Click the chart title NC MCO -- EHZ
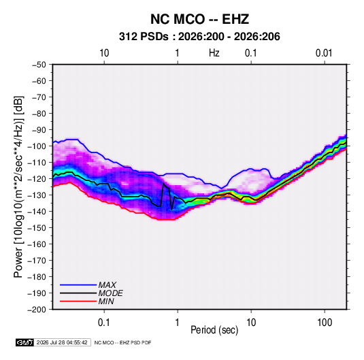point(199,19)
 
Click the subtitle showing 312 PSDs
point(199,37)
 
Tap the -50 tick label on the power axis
point(39,65)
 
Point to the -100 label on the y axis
point(37,146)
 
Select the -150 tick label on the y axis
point(37,228)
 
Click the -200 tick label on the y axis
point(37,310)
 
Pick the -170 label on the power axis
point(37,261)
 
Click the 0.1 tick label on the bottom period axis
point(104,323)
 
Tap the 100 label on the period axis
point(325,323)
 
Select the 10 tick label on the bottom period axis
point(251,323)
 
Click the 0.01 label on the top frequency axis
point(324,53)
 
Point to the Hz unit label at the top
point(214,53)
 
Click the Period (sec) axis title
point(214,330)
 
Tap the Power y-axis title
point(18,187)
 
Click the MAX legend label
point(107,285)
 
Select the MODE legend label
point(110,293)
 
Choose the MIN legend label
point(106,301)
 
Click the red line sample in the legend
point(78,301)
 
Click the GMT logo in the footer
point(25,342)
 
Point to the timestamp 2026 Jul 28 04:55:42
point(62,342)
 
